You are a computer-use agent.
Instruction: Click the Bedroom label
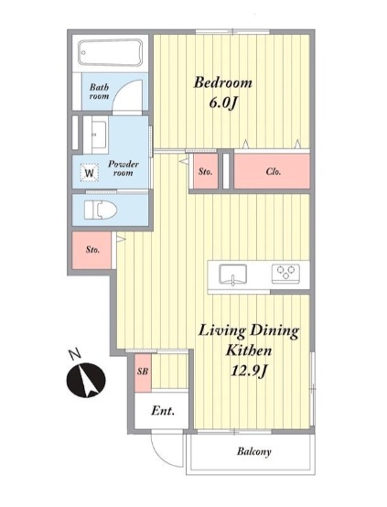pos(222,82)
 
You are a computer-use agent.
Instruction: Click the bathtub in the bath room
pos(111,53)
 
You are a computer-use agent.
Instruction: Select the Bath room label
pos(99,92)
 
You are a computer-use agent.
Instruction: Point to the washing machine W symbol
pos(90,173)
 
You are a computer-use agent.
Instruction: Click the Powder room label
pos(124,168)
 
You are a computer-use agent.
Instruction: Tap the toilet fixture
pos(101,210)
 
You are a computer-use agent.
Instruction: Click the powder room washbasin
pos(96,135)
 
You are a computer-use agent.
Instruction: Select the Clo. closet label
pos(274,171)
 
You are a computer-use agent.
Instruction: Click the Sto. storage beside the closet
pos(205,172)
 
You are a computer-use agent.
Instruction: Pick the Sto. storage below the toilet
pos(92,250)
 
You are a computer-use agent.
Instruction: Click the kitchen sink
pos(232,275)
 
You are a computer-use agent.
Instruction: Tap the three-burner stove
pos(285,274)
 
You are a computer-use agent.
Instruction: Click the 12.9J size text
pos(248,371)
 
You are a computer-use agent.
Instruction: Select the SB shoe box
pos(143,372)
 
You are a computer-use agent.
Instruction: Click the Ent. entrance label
pos(163,411)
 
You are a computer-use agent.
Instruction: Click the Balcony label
pos(253,451)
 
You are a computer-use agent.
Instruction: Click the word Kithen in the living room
pos(248,351)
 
